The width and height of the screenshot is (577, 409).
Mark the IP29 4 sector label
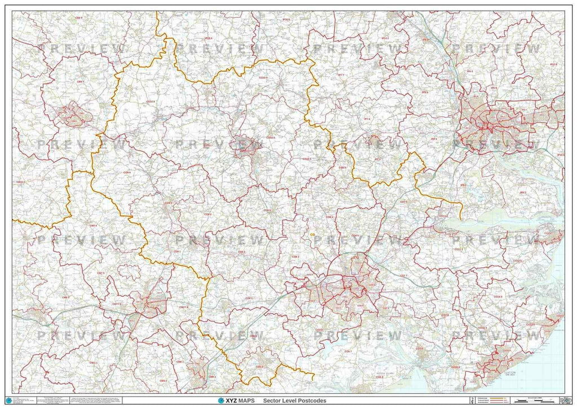pos(208,38)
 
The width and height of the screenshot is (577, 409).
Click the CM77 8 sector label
pos(182,307)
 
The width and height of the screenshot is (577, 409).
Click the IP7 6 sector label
pos(367,119)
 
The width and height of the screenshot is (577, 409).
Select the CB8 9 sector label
pos(78,18)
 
